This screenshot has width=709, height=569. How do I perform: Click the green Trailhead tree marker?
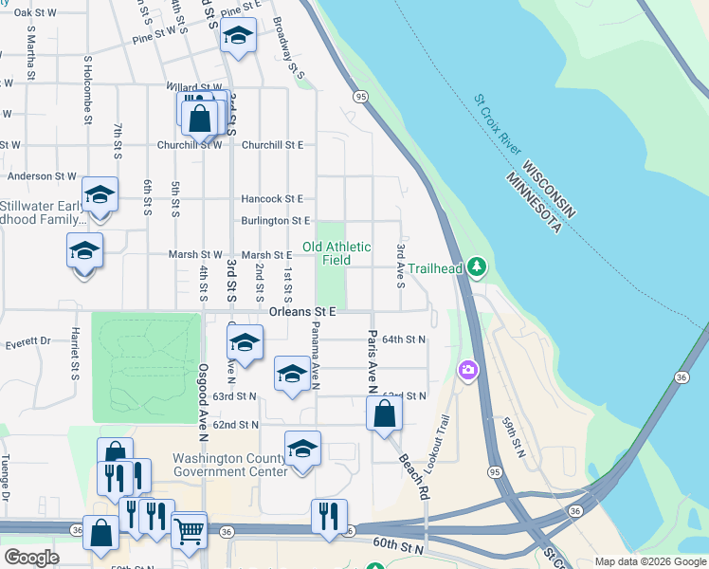point(478,267)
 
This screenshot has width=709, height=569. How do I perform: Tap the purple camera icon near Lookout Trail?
point(467,370)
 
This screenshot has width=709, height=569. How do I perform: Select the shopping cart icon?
point(190,532)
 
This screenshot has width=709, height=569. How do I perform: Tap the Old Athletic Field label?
point(336,253)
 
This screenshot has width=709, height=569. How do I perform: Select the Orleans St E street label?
point(302,310)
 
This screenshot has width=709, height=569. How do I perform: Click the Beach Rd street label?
point(413,476)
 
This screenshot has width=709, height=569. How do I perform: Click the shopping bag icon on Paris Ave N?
point(384,414)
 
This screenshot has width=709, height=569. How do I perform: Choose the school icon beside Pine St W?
point(238,36)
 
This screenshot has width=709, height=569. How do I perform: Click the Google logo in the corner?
point(31,558)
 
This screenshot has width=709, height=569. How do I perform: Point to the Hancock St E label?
point(271,199)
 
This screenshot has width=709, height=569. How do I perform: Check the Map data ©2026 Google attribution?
point(649,561)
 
